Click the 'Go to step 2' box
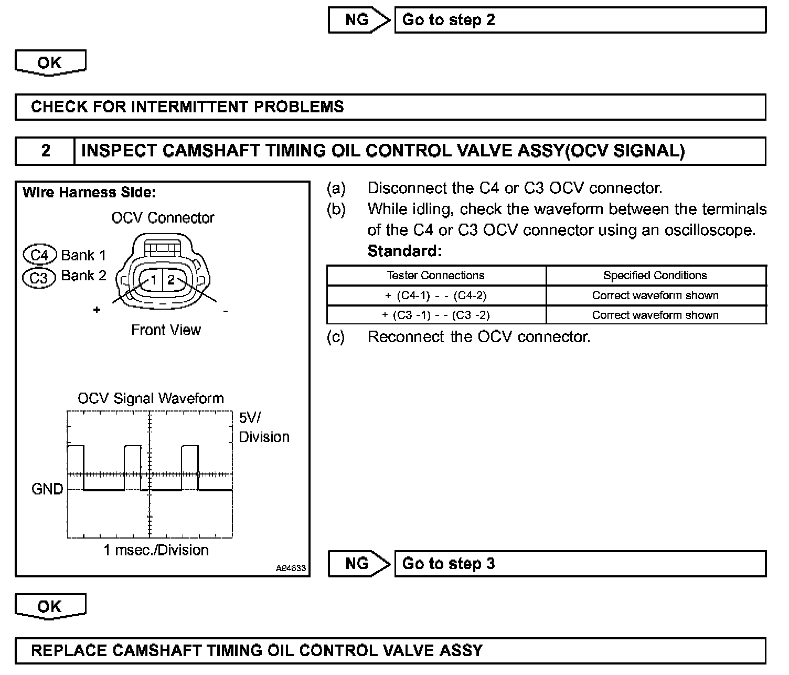point(580,20)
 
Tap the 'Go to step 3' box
point(580,564)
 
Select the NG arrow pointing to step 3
point(359,564)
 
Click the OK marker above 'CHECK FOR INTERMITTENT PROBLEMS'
point(50,62)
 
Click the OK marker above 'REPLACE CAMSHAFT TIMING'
point(50,606)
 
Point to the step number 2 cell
point(46,151)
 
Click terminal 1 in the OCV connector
point(154,280)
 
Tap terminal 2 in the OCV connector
point(171,280)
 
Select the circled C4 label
point(39,256)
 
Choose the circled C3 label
point(38,277)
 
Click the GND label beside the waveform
point(47,489)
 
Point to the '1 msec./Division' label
point(156,550)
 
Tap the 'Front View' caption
point(166,330)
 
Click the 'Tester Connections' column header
point(435,276)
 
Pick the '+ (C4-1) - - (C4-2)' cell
point(435,296)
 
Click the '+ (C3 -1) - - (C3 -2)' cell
point(435,315)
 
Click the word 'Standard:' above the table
point(404,251)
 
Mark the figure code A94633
point(291,568)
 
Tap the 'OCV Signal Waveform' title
point(151,398)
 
